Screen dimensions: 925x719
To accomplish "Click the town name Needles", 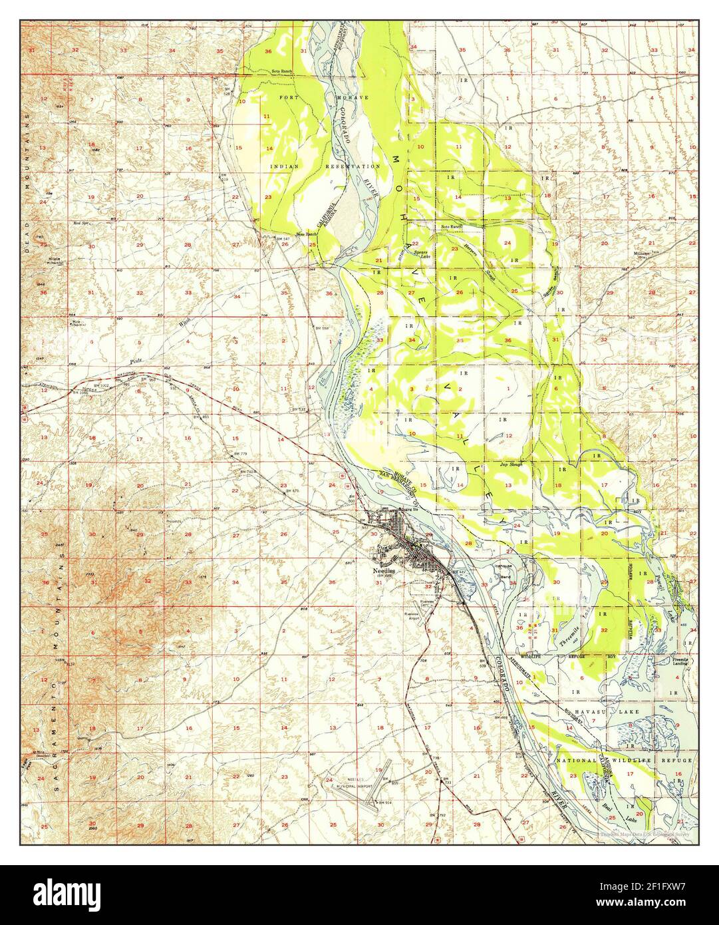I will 382,571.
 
